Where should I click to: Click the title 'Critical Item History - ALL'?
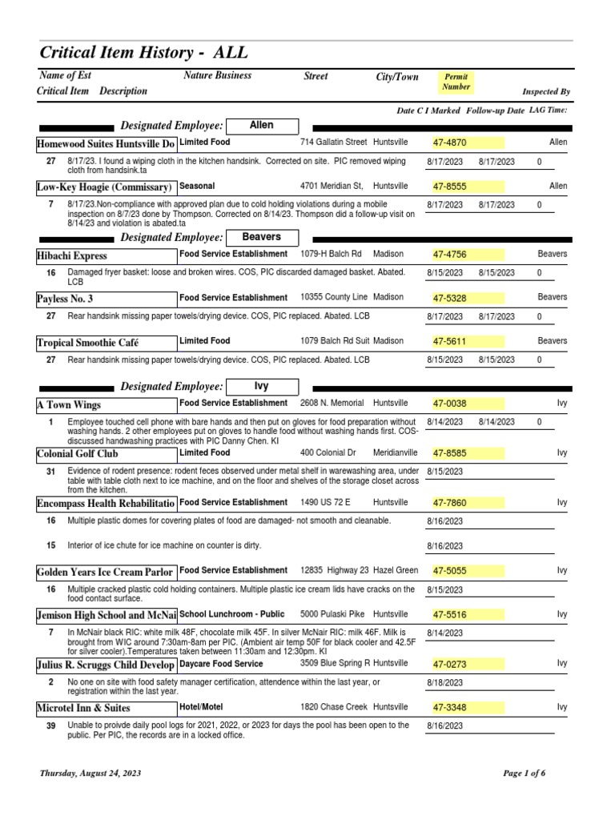144,53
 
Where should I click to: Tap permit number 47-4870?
449,143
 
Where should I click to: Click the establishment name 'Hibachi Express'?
72,255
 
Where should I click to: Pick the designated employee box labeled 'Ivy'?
261,385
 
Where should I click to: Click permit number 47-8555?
449,187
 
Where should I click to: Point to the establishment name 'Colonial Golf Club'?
77,453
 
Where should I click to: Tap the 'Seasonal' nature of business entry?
197,186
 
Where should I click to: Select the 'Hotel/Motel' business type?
202,707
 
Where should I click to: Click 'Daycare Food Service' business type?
221,664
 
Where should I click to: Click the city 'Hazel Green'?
396,570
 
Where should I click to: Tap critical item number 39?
50,726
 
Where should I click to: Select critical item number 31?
50,471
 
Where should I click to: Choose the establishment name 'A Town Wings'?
69,404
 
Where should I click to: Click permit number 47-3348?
449,708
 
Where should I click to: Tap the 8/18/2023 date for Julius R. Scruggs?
444,682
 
